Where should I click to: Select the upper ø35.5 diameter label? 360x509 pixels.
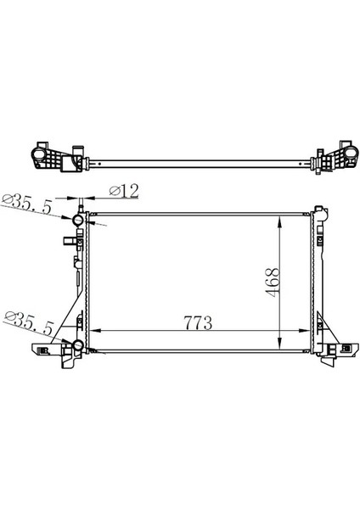[x=28, y=204]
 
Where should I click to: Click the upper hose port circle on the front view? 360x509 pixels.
[x=77, y=221]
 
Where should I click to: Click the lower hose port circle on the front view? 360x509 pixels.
[x=77, y=347]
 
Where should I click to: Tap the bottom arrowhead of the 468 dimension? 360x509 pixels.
[x=280, y=350]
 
